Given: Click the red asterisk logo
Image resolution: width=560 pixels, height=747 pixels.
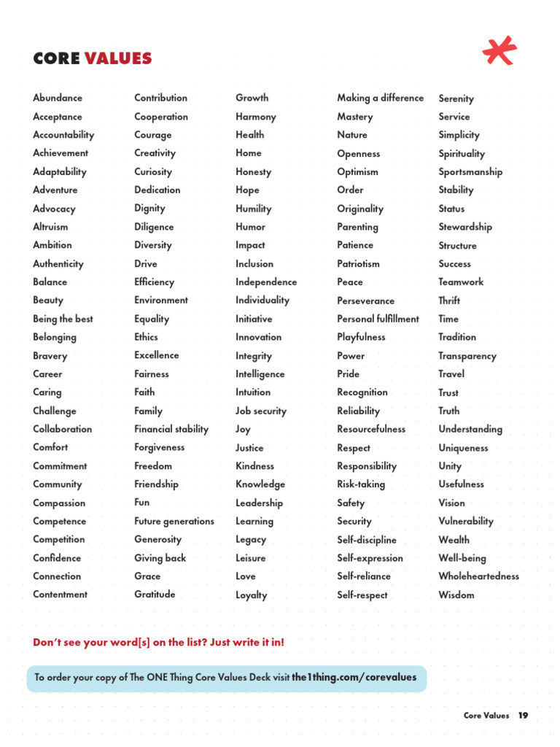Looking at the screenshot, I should [499, 51].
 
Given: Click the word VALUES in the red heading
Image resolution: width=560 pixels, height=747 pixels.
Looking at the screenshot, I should [118, 58].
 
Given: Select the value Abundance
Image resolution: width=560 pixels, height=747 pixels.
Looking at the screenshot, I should [58, 98].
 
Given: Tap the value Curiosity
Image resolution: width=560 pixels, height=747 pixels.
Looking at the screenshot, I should [153, 171].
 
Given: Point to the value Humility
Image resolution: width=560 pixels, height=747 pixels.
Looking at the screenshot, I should [254, 208].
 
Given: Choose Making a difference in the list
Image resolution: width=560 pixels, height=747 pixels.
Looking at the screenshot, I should [380, 98].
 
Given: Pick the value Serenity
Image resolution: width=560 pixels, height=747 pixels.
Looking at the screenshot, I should [456, 98].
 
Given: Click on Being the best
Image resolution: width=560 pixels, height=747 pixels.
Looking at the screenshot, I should [63, 319].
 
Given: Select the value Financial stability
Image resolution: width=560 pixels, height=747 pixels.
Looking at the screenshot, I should [171, 429].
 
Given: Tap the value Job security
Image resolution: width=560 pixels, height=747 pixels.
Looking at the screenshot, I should [261, 411].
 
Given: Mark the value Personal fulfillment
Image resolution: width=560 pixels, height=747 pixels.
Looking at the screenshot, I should [378, 319].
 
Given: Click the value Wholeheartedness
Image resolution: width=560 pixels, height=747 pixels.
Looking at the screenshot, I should [479, 576].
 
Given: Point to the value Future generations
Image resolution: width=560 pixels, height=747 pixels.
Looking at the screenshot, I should [174, 521].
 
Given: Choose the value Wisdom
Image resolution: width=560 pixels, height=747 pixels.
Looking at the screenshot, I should [456, 595].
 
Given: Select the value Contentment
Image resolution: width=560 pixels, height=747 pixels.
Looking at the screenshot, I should [60, 594].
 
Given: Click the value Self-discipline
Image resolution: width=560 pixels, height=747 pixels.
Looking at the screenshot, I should [367, 540].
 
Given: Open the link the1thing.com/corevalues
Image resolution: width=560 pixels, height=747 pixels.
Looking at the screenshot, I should [354, 677].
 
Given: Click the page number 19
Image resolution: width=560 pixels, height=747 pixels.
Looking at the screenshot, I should [523, 716].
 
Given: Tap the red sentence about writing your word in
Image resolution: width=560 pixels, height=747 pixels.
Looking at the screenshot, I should [159, 642].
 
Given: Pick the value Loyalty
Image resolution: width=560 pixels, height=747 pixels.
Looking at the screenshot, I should [252, 595].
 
